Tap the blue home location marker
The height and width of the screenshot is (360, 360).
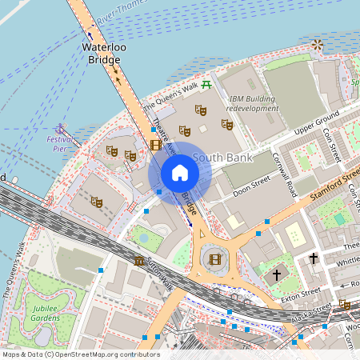point(180,173)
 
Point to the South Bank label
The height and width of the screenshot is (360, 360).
point(224,158)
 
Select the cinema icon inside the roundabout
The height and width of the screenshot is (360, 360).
point(214,258)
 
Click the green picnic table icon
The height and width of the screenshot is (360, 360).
point(206,83)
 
